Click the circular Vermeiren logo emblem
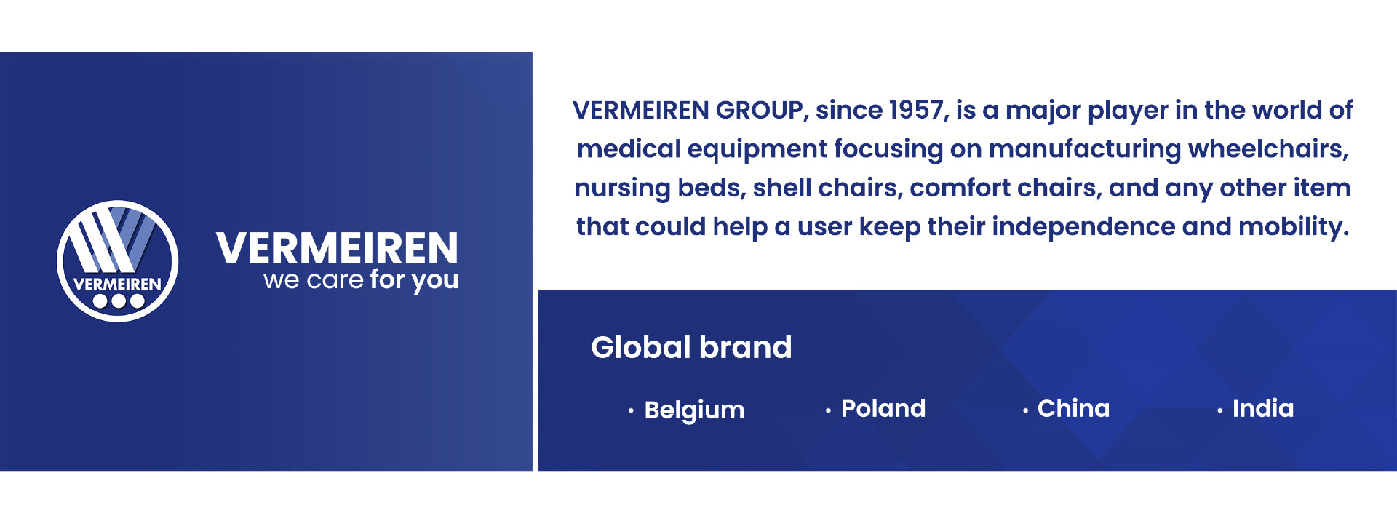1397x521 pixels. [118, 261]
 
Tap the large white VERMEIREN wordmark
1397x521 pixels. [338, 248]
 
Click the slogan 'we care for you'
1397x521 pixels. [361, 280]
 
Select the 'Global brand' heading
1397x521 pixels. [691, 347]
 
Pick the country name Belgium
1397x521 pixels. [694, 410]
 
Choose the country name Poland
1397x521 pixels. [883, 408]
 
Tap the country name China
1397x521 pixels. [1073, 408]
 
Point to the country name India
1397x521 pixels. [1263, 408]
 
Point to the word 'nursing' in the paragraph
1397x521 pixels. [622, 188]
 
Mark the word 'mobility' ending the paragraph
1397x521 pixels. [1294, 227]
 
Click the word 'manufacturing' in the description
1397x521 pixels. [1085, 149]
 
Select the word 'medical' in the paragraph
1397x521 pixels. [629, 148]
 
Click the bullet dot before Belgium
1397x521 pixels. [631, 411]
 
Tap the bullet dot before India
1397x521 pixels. [1219, 411]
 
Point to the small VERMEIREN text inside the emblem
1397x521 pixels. [117, 284]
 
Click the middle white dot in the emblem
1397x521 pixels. [118, 301]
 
